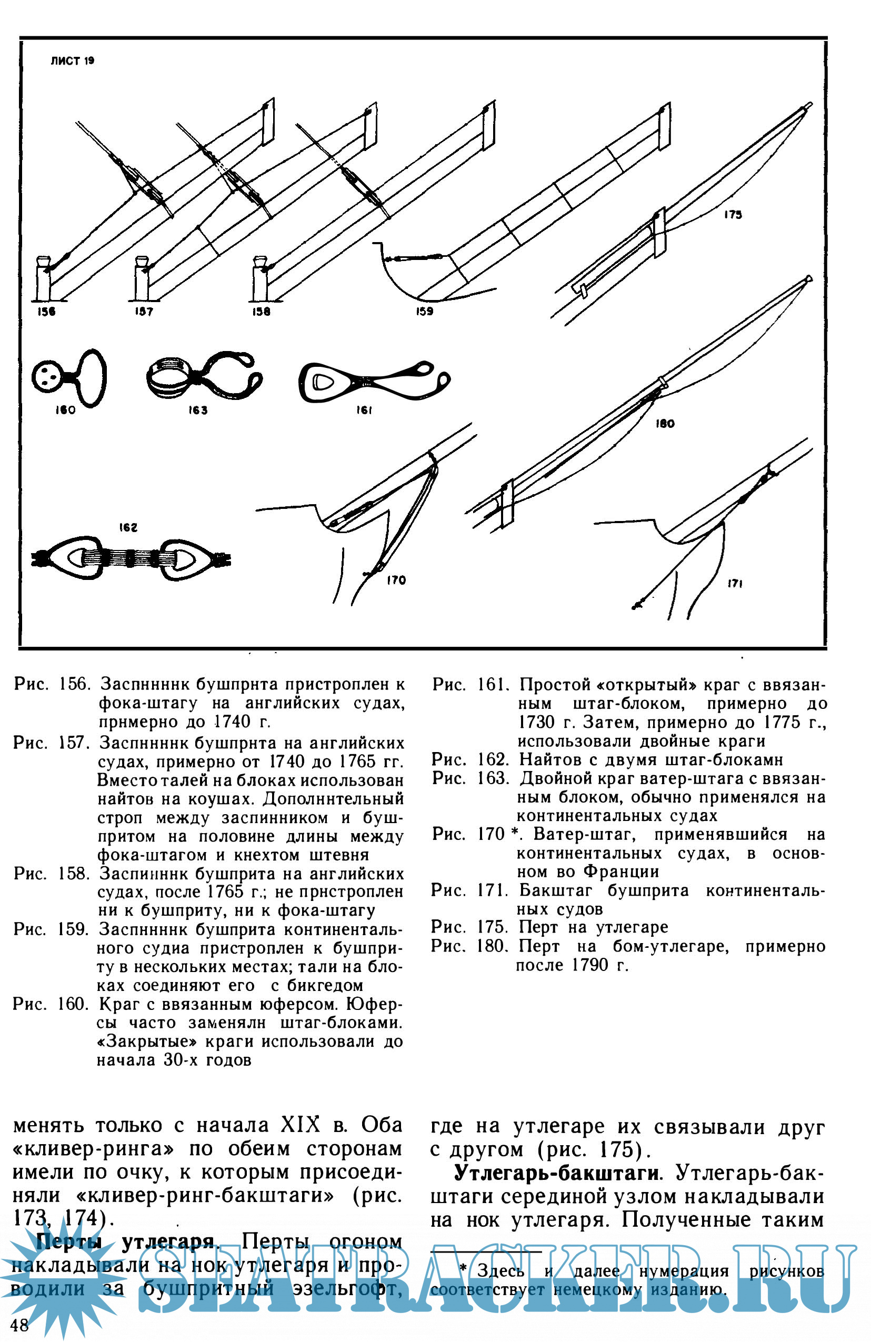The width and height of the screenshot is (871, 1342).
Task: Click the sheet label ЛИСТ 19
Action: [72, 61]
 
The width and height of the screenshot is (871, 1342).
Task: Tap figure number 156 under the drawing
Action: [46, 311]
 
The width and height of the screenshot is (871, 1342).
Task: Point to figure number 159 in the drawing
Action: [424, 311]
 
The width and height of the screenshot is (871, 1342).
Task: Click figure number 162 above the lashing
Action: [128, 528]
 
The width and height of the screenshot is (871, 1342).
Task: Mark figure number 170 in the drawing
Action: [396, 580]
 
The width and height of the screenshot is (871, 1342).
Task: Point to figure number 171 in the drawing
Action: [734, 584]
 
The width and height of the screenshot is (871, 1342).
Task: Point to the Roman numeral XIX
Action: [301, 1126]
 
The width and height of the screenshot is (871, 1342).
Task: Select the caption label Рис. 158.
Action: [51, 874]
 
